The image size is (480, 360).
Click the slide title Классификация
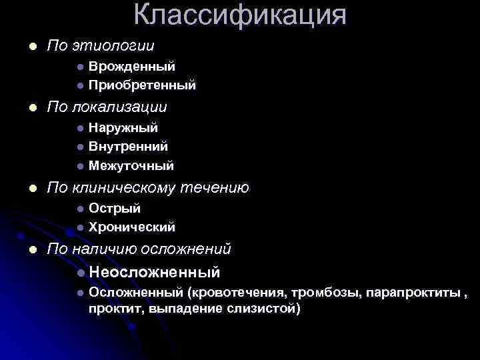[x=240, y=14]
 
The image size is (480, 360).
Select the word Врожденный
[x=132, y=67]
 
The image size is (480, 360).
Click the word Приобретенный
[x=142, y=85]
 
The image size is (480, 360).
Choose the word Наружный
[x=123, y=127]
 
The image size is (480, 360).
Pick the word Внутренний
[x=128, y=146]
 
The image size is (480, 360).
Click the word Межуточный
[x=131, y=165]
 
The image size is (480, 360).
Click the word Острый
[x=115, y=209]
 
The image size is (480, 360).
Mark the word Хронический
[x=132, y=227]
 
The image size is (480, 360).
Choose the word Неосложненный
[x=154, y=272]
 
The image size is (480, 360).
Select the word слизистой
[x=264, y=309]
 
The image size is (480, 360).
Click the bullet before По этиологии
[x=25, y=46]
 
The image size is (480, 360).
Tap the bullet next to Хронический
[x=79, y=227]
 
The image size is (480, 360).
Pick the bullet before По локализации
[x=25, y=107]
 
